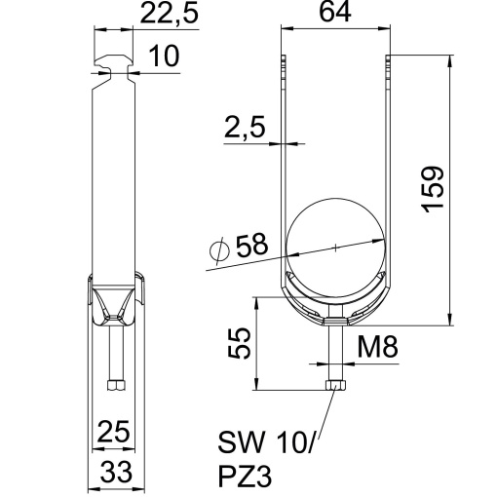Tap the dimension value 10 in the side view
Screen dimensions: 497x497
tap(167, 58)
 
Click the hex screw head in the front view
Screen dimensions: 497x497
tap(335, 386)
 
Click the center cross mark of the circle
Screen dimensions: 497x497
tap(335, 248)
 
